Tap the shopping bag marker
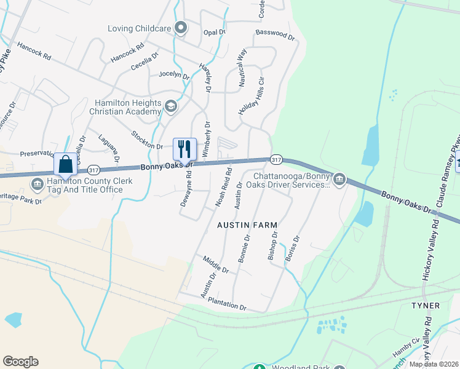66,165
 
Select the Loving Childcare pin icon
181,28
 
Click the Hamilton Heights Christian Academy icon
171,108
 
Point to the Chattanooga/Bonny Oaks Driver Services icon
339,180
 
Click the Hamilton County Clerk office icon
37,183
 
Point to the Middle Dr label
216,265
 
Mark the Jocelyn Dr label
174,74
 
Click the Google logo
20,362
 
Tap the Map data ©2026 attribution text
434,364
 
